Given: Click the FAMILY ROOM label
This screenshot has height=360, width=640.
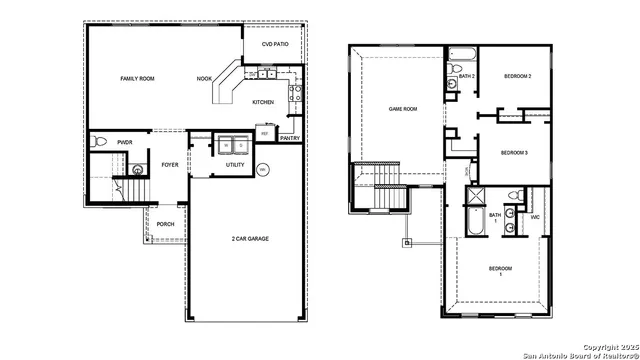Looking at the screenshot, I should coord(137,78).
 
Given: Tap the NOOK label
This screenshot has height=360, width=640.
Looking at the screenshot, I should coord(204,78).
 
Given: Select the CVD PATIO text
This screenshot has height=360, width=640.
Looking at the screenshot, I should coord(274,45).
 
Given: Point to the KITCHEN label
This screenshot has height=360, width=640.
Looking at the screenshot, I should coord(263,102).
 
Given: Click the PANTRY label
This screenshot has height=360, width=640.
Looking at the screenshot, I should coord(290,138).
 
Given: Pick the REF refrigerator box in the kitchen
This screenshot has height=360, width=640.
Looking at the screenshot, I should coord(265,133).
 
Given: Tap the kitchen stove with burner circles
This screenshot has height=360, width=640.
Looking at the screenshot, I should coord(295,95).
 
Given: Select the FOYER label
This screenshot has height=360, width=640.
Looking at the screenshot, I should coord(170,164).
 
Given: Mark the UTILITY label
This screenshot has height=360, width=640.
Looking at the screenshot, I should coord(235,164).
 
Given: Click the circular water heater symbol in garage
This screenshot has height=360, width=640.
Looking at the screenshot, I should coord(263,170).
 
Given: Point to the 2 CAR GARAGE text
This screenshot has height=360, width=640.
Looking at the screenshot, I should coord(250,238).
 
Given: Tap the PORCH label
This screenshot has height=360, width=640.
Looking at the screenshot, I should coord(165,224).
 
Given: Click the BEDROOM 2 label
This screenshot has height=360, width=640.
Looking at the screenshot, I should coord(516,76).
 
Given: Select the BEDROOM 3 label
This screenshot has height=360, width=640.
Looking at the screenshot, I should coord(514,152).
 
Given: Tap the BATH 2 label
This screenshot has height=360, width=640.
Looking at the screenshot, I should coord(466,76).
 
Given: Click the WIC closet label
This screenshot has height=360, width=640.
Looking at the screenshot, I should coord(535,216).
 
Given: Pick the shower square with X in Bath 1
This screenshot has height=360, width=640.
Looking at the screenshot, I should coord(476,195).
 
